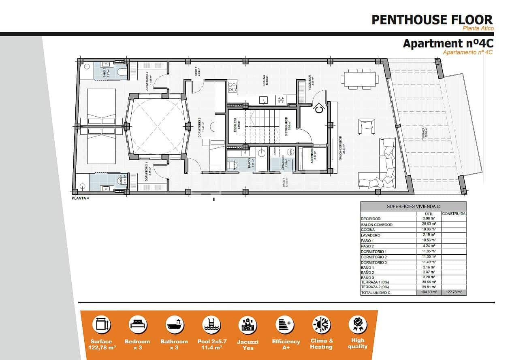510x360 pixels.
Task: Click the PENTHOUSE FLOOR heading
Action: pyautogui.click(x=432, y=19)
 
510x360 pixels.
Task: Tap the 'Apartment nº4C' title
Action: pyautogui.click(x=447, y=43)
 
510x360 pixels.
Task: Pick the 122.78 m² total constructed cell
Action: pyautogui.click(x=453, y=292)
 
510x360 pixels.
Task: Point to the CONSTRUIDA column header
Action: pyautogui.click(x=453, y=213)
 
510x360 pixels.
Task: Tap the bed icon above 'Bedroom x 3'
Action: pyautogui.click(x=138, y=325)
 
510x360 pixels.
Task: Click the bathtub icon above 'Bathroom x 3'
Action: pyautogui.click(x=175, y=325)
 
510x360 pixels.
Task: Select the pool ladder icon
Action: pyautogui.click(x=211, y=325)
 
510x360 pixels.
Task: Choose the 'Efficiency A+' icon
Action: pyautogui.click(x=286, y=325)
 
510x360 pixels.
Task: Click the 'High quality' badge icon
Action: pyautogui.click(x=358, y=325)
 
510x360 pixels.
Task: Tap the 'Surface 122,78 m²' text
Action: pyautogui.click(x=101, y=344)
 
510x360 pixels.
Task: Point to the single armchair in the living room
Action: pyautogui.click(x=366, y=126)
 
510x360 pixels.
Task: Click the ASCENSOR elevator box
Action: pyautogui.click(x=312, y=159)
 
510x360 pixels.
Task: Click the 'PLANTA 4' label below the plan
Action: pyautogui.click(x=80, y=198)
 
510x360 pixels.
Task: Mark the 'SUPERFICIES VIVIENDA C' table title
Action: pyautogui.click(x=413, y=206)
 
